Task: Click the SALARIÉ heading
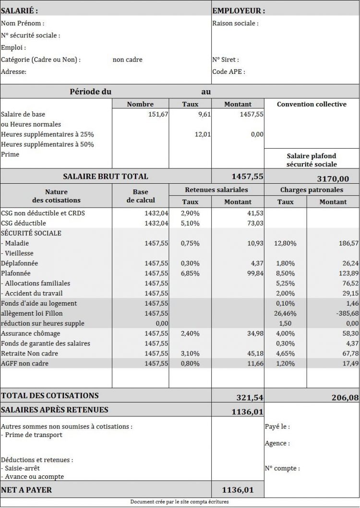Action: [x=19, y=11]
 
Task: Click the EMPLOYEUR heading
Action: [x=238, y=11]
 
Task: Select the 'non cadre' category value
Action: [x=127, y=59]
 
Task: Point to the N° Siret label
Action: [x=225, y=59]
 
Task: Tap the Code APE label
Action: [x=228, y=72]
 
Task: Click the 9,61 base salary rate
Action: [x=204, y=114]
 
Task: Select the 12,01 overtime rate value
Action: [x=203, y=134]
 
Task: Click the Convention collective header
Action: [x=312, y=104]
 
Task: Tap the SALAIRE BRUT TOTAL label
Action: [x=106, y=177]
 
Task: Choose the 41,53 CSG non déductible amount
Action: [x=255, y=213]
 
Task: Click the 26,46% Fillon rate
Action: [x=287, y=313]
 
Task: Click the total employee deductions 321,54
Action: [x=250, y=397]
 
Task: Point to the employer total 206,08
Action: [x=345, y=397]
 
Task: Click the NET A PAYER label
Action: [x=26, y=490]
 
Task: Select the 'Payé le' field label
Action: [x=277, y=426]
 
